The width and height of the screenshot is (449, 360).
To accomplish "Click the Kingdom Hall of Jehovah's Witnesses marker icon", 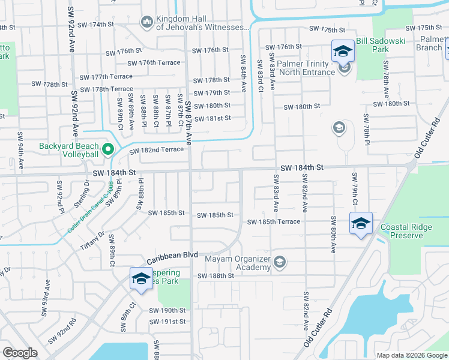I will (146, 22).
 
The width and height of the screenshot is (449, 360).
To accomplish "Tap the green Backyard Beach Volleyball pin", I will (108, 148).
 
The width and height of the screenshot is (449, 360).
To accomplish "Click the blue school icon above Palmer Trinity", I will (343, 52).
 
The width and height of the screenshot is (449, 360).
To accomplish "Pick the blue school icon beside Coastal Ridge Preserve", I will (360, 224).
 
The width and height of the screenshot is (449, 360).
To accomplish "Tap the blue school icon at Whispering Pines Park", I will (141, 279).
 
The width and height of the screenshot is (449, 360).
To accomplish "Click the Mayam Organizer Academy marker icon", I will (279, 262).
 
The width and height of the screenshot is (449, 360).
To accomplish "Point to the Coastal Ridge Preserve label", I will (410, 232).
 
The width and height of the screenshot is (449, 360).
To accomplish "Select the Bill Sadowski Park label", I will (397, 41).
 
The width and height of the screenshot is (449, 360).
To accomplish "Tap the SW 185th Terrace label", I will (274, 221).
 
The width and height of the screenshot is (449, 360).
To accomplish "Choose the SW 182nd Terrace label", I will (156, 149).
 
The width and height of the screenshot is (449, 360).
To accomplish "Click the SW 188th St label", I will (215, 275).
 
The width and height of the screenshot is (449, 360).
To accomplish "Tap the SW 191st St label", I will (167, 322).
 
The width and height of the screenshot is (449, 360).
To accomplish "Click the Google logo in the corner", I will (20, 353).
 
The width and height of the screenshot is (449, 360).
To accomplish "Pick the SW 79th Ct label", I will (355, 187).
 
